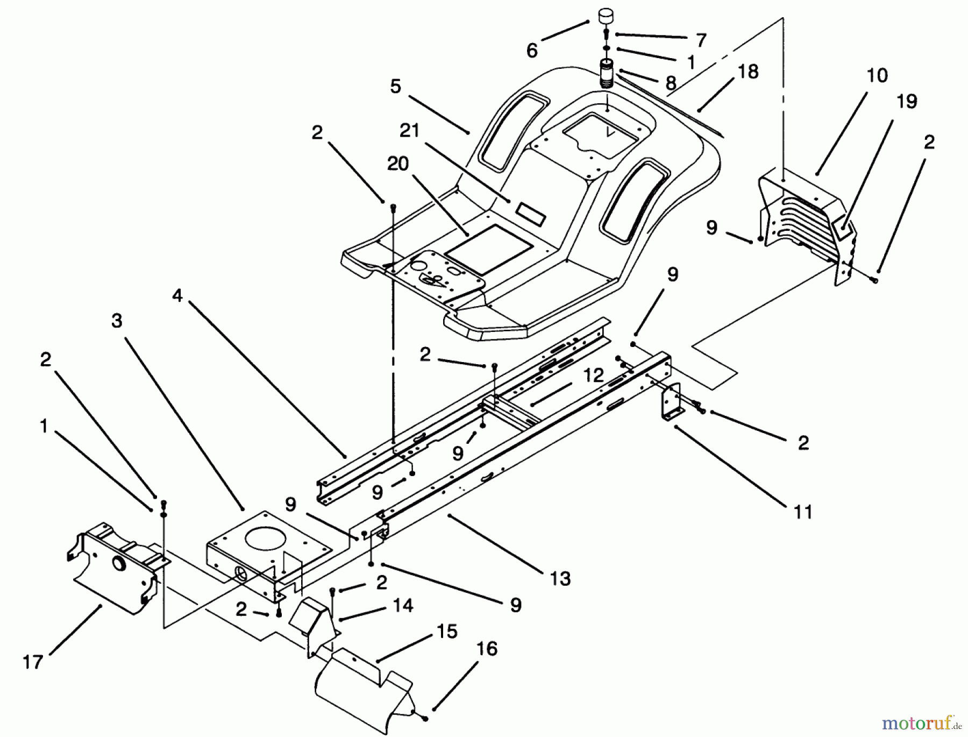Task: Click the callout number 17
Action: point(33,662)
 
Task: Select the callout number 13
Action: point(560,578)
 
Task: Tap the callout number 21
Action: point(409,131)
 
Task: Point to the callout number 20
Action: point(398,164)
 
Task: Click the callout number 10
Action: point(877,75)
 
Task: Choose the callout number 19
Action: point(907,101)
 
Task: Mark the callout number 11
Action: point(803,512)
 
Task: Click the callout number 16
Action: point(487,649)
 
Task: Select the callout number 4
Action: point(177,295)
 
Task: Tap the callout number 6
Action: point(532,51)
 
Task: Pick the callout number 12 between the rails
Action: point(593,375)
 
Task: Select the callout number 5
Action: point(396,86)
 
